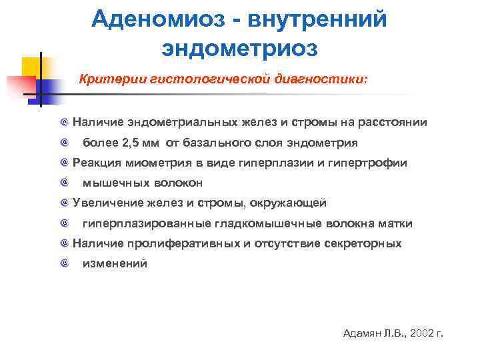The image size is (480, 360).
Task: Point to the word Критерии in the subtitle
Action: pos(106,79)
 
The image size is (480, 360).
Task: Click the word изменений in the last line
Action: pos(115,263)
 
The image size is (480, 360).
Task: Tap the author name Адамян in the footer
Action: pos(360,333)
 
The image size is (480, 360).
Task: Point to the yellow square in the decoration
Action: pos(31,67)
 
